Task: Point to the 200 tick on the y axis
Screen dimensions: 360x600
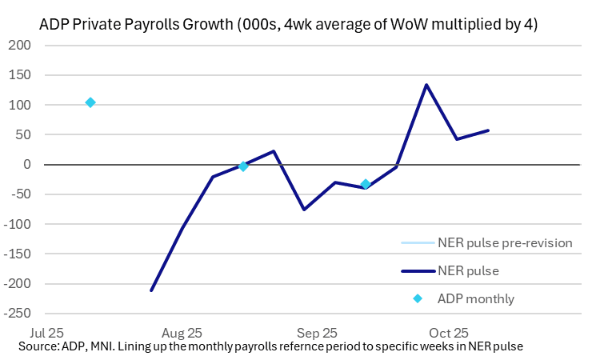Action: point(20,46)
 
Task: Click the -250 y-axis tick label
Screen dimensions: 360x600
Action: point(17,314)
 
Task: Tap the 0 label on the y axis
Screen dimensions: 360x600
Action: point(26,165)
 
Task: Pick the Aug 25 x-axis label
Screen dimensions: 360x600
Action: point(181,332)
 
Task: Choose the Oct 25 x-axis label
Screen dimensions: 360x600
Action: point(450,332)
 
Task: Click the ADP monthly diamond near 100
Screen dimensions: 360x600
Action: point(90,102)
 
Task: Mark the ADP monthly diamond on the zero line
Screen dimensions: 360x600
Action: point(243,166)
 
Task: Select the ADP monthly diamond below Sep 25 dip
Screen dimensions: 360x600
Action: point(366,184)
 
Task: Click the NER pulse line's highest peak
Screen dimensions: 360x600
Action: point(426,85)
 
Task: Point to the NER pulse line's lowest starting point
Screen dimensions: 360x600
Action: point(151,290)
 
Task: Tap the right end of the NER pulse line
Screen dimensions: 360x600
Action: point(488,130)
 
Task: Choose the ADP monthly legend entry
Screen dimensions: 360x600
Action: point(475,299)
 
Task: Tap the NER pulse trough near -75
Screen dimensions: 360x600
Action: point(304,210)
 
